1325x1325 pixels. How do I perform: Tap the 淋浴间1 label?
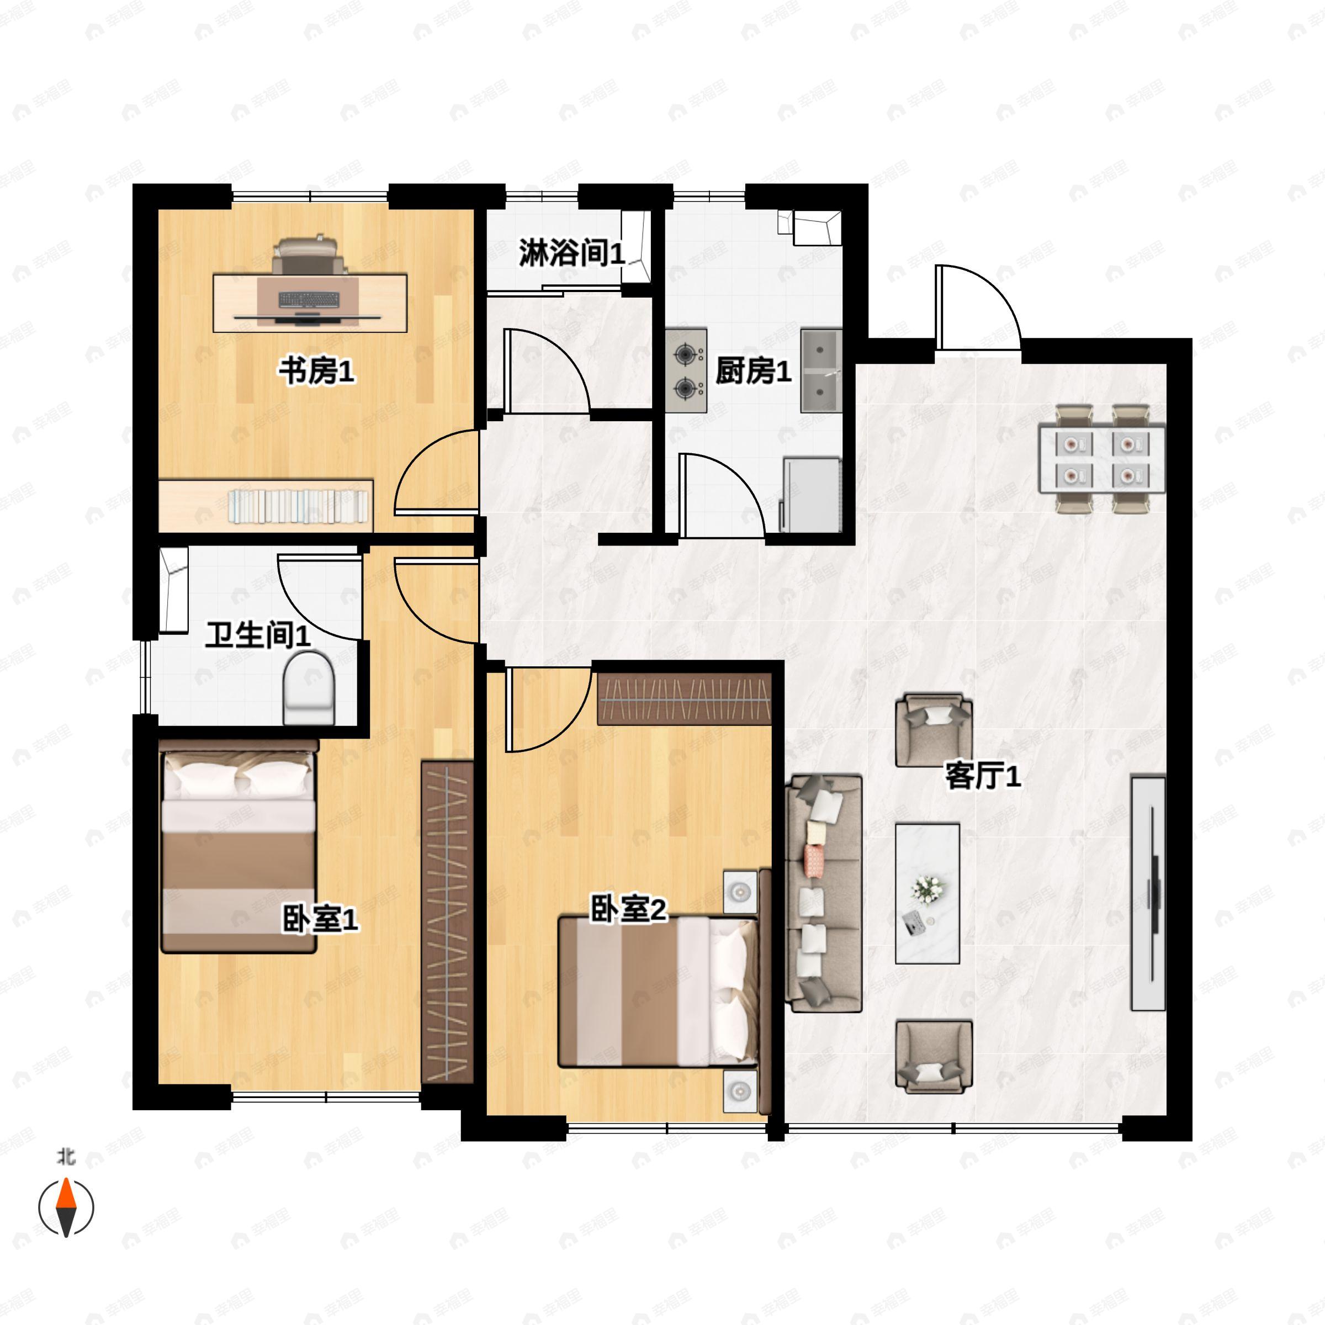(572, 253)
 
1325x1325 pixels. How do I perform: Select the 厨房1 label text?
(753, 371)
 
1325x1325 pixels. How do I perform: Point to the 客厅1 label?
(983, 776)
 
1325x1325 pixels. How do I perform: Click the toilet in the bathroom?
(309, 688)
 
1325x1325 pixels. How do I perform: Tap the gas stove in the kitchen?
(686, 371)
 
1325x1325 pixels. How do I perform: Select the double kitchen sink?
(821, 371)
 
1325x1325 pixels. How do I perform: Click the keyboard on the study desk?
(309, 300)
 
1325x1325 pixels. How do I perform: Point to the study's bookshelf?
(266, 506)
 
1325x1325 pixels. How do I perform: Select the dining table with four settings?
(1101, 458)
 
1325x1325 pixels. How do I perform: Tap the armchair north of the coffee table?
(934, 730)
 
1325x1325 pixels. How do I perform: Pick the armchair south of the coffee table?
(934, 1057)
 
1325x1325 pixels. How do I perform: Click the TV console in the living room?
(1148, 894)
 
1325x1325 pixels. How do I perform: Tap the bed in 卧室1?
(238, 845)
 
